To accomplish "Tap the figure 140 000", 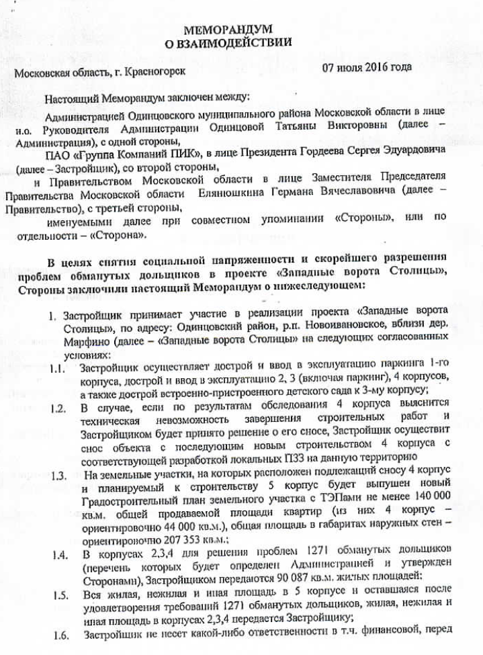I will point(431,498).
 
